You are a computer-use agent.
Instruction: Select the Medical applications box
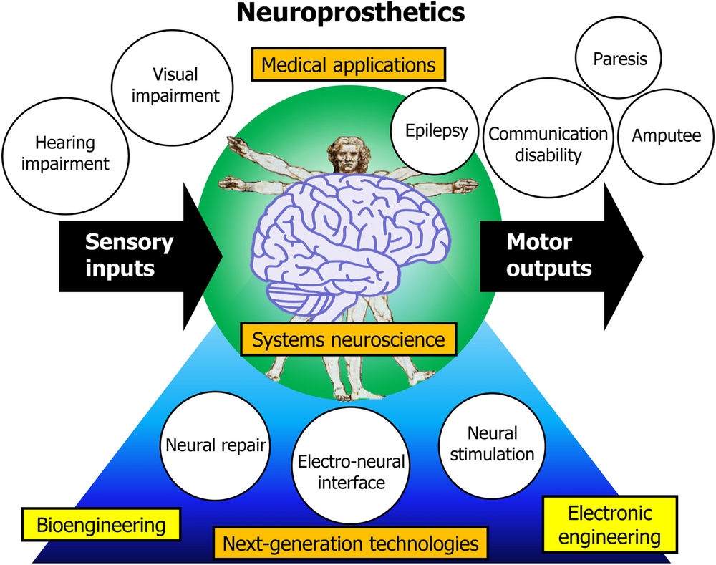(x=349, y=65)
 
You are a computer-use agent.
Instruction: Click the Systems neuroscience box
(x=348, y=339)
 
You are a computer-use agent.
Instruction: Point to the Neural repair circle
(x=216, y=445)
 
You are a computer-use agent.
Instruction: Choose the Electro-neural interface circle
(x=340, y=471)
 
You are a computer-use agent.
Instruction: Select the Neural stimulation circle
(x=491, y=443)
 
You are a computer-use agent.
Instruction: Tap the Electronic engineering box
(x=609, y=525)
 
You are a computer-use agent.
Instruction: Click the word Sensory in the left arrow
(x=129, y=242)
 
